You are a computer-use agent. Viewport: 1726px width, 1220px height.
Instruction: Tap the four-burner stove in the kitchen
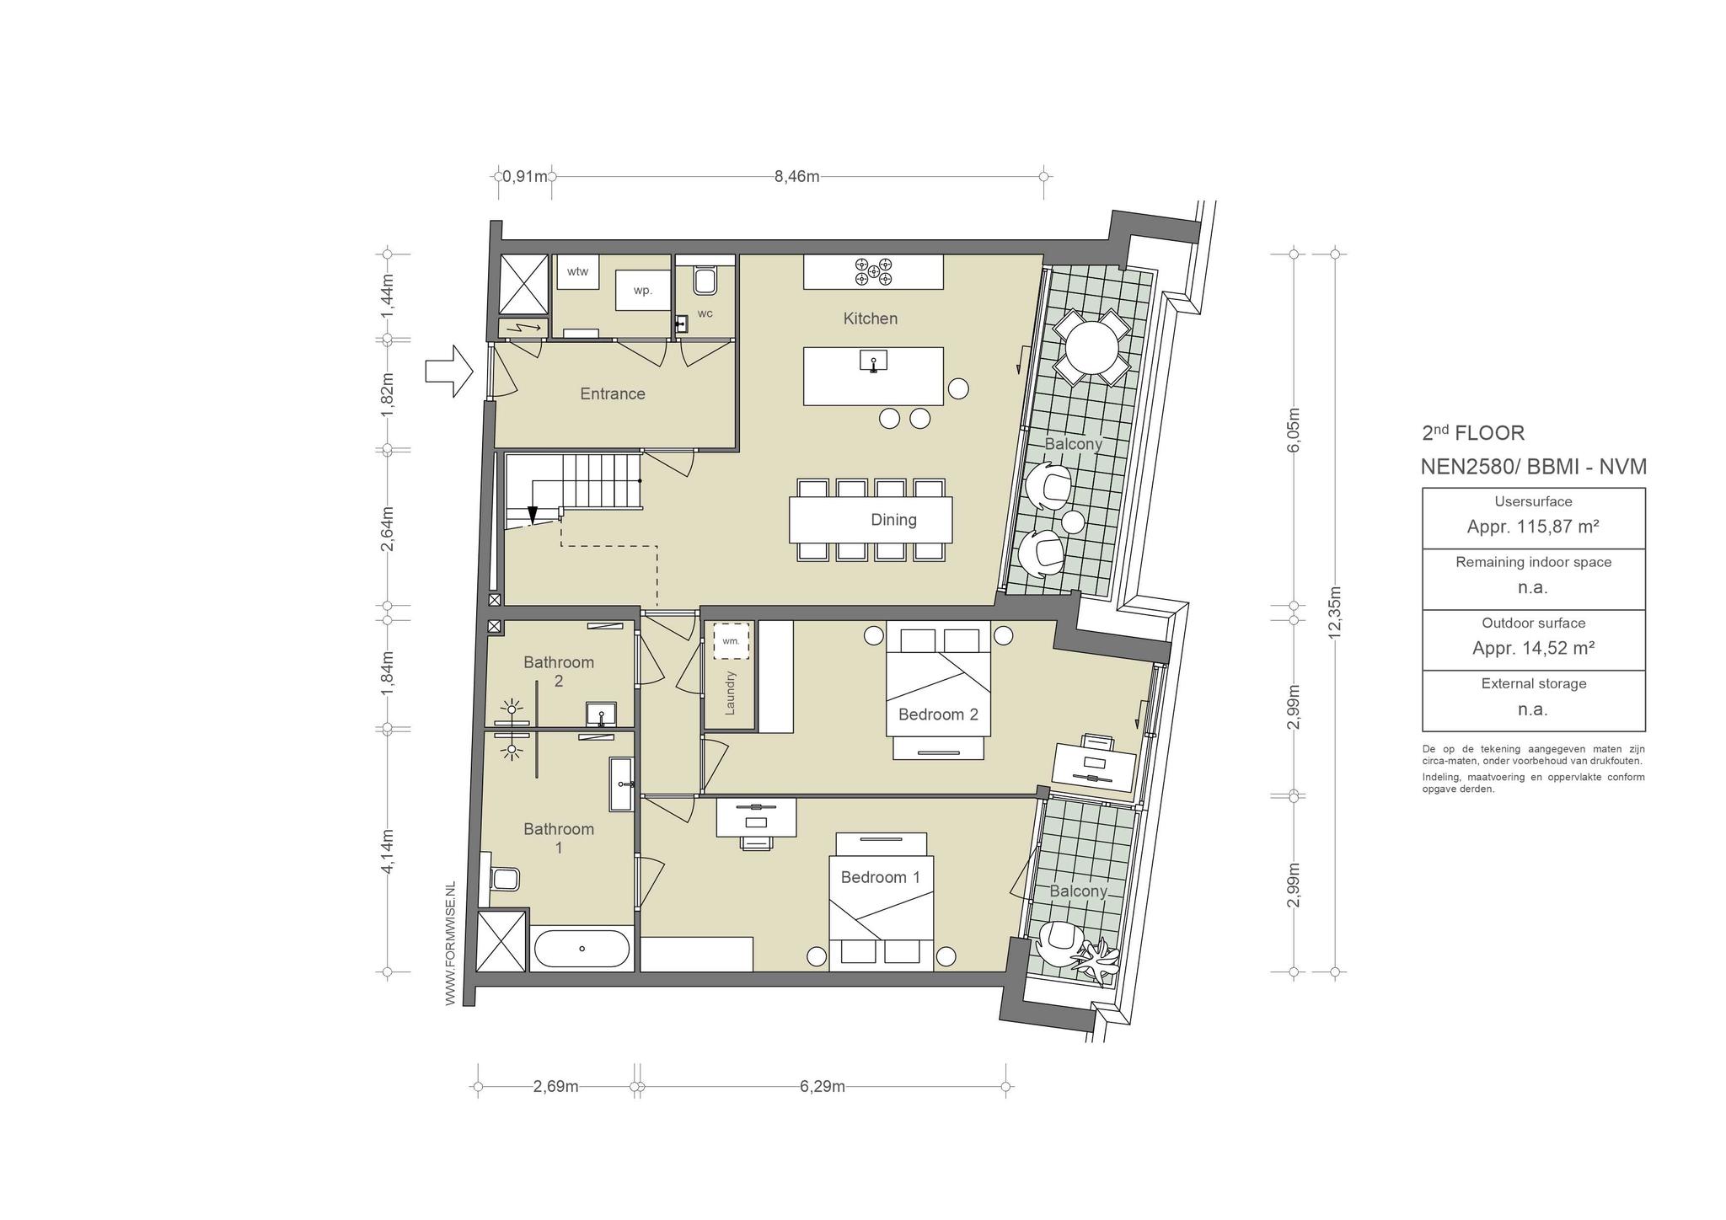(873, 271)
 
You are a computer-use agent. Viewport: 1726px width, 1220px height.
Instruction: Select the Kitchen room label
(871, 318)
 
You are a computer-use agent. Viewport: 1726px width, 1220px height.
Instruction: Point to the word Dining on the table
(893, 520)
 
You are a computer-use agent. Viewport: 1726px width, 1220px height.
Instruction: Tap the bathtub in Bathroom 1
(582, 950)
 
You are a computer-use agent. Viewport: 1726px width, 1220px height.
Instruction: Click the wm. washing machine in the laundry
(731, 641)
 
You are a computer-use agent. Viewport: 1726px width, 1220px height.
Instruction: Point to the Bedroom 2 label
(938, 714)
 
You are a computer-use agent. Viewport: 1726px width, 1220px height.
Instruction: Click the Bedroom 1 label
(881, 877)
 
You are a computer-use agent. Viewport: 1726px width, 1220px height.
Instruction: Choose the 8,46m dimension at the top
(797, 176)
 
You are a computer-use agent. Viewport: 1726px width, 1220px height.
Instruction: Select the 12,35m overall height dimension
(1334, 613)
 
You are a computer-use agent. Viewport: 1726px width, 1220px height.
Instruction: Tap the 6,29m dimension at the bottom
(823, 1087)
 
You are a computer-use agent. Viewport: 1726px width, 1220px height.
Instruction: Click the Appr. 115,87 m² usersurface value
(1533, 527)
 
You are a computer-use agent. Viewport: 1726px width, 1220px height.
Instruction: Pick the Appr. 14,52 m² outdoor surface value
(1533, 648)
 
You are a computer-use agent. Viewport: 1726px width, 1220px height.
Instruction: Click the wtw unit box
(577, 271)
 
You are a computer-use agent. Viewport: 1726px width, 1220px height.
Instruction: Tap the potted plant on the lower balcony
(1096, 958)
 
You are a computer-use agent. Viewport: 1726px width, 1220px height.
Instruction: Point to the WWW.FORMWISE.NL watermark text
(450, 943)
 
